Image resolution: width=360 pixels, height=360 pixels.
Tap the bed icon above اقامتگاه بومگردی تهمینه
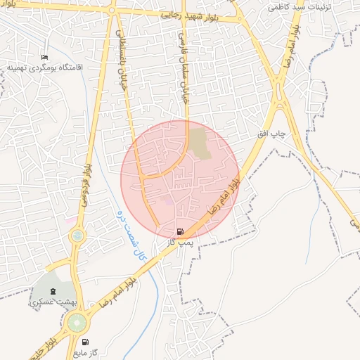point(45,57)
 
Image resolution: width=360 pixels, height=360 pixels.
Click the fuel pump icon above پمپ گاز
point(181,231)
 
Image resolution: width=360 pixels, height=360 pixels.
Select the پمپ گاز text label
point(181,241)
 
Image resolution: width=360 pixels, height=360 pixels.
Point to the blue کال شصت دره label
point(134,235)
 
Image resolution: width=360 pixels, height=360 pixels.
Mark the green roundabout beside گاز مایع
point(77,323)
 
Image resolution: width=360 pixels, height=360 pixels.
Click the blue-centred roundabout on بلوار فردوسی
point(77,236)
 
